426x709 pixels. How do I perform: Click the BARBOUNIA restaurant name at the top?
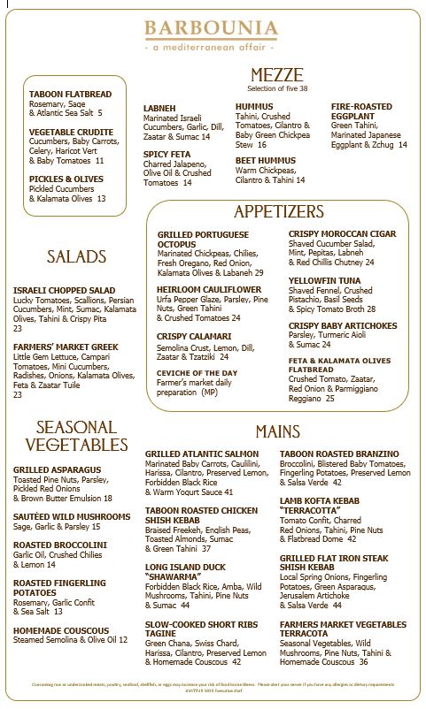click(212, 29)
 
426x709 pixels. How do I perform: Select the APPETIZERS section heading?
click(278, 212)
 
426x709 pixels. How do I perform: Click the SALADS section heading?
click(76, 257)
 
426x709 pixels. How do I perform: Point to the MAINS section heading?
click(277, 431)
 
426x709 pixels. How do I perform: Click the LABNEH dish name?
click(159, 108)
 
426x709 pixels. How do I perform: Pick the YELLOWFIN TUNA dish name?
click(323, 280)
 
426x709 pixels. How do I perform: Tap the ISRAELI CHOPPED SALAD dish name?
click(64, 290)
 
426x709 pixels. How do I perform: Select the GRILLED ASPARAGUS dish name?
click(57, 469)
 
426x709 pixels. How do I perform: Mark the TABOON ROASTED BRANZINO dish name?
click(339, 454)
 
